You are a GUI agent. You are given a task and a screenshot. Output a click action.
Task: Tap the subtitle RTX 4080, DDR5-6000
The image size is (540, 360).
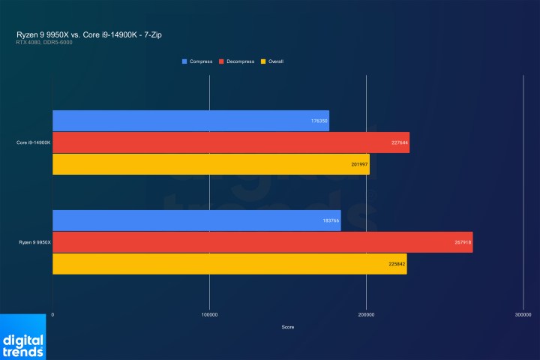click(43, 42)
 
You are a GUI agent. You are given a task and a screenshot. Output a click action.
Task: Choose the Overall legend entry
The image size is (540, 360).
click(274, 61)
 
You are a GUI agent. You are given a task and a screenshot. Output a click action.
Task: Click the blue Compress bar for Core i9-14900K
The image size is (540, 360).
click(190, 121)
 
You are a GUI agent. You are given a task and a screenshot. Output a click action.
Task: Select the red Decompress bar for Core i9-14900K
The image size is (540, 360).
click(231, 142)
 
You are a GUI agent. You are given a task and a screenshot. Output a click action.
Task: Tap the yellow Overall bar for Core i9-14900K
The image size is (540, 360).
click(211, 164)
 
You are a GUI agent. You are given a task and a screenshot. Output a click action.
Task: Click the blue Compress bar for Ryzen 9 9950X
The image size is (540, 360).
click(196, 220)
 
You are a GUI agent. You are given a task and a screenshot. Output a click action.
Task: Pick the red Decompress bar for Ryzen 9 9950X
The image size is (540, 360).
click(262, 242)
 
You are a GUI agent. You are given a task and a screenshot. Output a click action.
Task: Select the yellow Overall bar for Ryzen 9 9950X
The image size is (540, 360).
click(229, 264)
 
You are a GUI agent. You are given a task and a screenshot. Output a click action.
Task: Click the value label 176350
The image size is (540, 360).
click(319, 121)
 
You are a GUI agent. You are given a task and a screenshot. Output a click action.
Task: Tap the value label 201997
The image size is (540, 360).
click(359, 164)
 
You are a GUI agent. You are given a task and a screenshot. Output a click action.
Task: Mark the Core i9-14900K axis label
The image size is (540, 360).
click(34, 142)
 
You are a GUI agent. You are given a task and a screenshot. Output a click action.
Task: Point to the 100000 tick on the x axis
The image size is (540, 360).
click(209, 315)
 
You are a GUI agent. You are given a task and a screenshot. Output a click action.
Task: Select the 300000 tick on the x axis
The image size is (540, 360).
click(523, 315)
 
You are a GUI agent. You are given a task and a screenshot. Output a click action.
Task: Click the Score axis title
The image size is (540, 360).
click(288, 327)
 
